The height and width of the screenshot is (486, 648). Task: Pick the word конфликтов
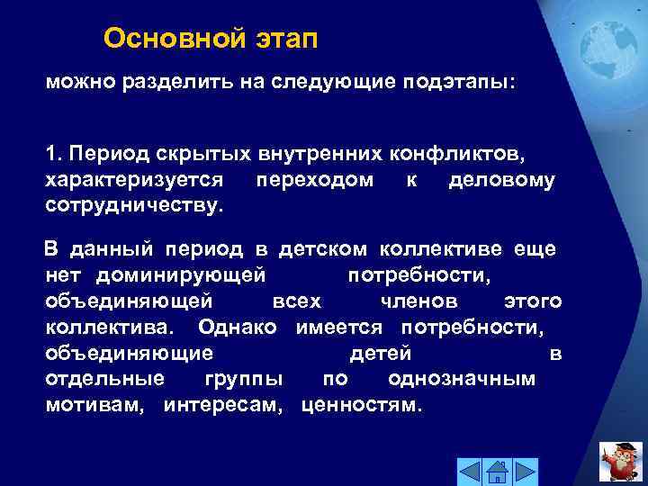point(459,155)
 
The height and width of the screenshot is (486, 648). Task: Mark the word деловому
point(501,180)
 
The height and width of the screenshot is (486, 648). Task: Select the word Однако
point(238,326)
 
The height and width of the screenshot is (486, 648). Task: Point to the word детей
point(380,352)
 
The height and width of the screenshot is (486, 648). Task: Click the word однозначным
point(462,378)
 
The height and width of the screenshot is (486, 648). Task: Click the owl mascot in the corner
point(620,461)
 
